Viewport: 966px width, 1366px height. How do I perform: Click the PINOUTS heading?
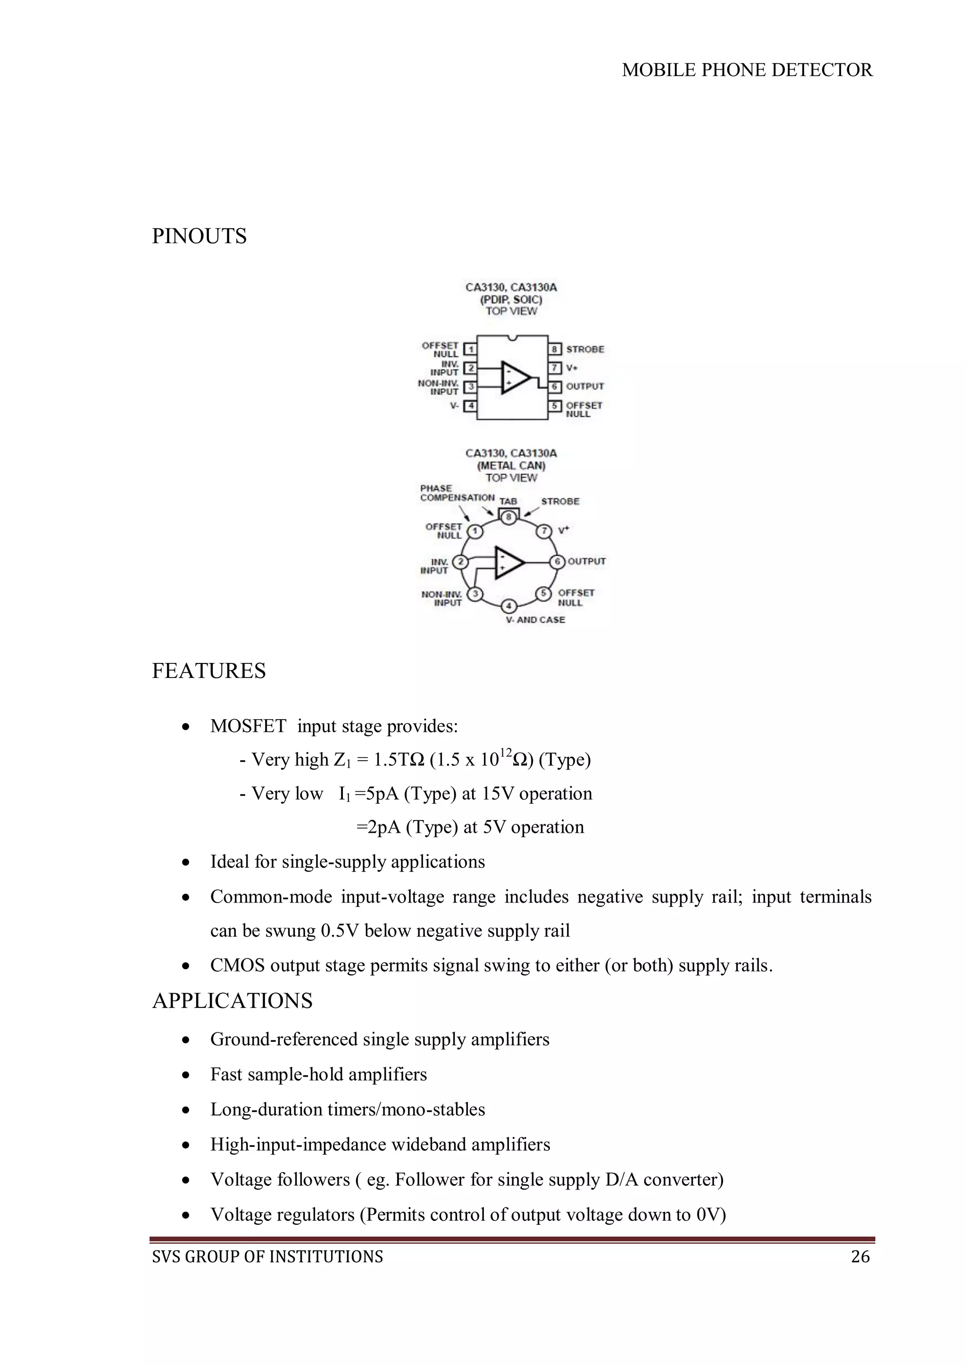pyautogui.click(x=199, y=236)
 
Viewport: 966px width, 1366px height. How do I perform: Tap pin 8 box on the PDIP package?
pyautogui.click(x=554, y=349)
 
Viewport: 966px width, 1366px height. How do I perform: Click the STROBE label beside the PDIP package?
pyautogui.click(x=585, y=349)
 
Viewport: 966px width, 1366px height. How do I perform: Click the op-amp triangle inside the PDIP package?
pyautogui.click(x=515, y=377)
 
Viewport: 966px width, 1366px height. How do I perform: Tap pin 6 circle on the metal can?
pyautogui.click(x=558, y=561)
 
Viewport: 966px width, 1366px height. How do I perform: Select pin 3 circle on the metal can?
pyautogui.click(x=475, y=594)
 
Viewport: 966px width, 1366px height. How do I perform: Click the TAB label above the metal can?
pyautogui.click(x=508, y=502)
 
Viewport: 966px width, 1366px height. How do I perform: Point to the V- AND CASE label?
pyautogui.click(x=535, y=620)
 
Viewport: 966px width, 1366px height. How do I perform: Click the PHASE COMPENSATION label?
pyautogui.click(x=457, y=493)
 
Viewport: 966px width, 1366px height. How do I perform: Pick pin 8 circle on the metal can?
pyautogui.click(x=508, y=517)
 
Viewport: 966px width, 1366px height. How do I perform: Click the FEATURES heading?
pyautogui.click(x=209, y=671)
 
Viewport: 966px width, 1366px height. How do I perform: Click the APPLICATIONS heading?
pyautogui.click(x=232, y=1001)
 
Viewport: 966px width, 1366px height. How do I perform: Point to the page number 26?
pyautogui.click(x=860, y=1257)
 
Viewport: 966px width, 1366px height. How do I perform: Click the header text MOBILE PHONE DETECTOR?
pyautogui.click(x=747, y=70)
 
